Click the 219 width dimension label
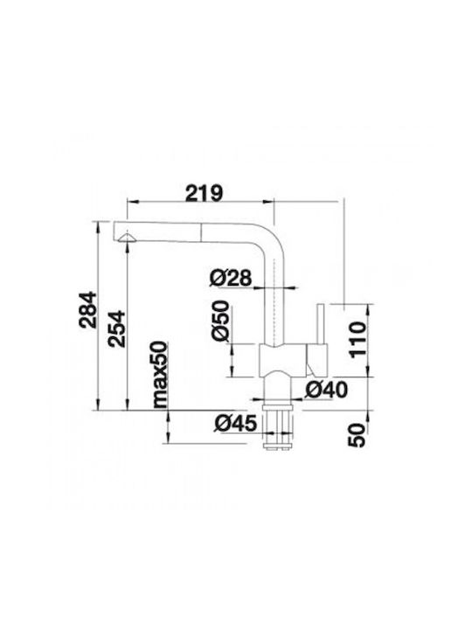(203, 193)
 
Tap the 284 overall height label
(87, 309)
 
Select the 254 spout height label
(117, 328)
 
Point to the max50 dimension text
(160, 374)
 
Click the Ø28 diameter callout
(231, 278)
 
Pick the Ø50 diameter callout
(220, 321)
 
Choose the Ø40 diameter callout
(326, 390)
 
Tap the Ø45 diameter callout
(235, 423)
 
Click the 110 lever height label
(357, 339)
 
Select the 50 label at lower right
(357, 435)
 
